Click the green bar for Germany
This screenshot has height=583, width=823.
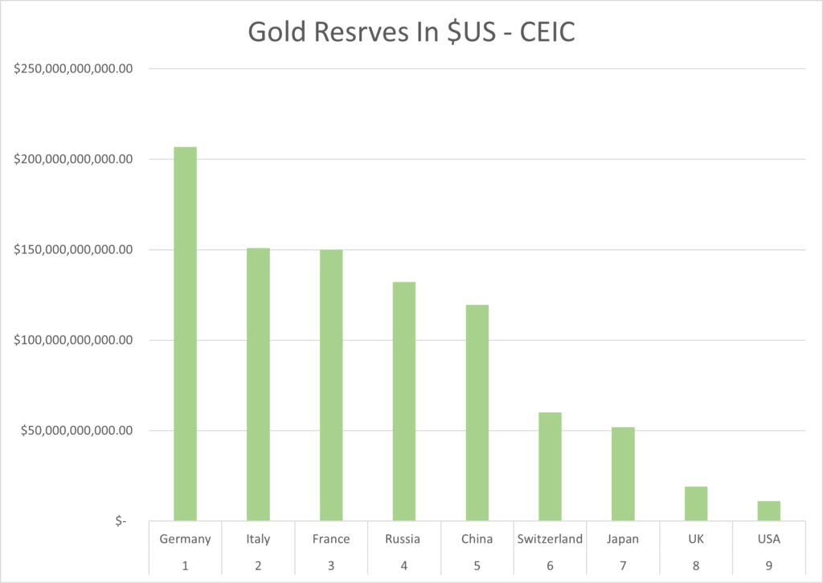(185, 334)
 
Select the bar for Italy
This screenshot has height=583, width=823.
(258, 384)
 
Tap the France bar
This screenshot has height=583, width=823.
(331, 385)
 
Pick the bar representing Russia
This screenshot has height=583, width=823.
(403, 401)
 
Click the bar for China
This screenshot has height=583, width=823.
(477, 413)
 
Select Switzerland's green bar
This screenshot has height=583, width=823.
(550, 466)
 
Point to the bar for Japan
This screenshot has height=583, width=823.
(623, 474)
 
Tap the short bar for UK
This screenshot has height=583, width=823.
(696, 503)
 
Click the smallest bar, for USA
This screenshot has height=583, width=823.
(768, 511)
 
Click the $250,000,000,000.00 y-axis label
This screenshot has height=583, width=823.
(73, 69)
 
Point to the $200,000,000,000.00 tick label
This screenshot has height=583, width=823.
(73, 159)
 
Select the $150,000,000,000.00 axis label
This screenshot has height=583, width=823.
(73, 250)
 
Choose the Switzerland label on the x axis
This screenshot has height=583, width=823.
(550, 539)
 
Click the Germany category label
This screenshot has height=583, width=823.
(185, 539)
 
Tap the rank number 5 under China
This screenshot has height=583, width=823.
(477, 565)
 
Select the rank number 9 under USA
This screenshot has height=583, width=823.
(768, 565)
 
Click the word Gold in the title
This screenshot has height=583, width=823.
(272, 31)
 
